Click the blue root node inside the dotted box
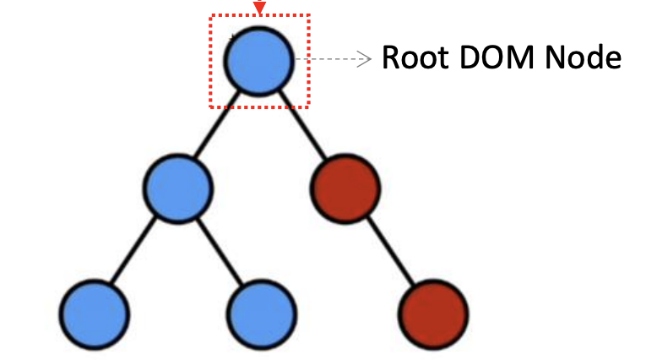click(x=259, y=61)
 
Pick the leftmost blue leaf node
click(x=95, y=313)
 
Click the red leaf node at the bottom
click(x=432, y=313)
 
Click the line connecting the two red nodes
click(x=388, y=250)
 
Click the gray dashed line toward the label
click(x=334, y=59)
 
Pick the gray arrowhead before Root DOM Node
click(x=365, y=59)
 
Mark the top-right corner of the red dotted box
click(x=310, y=14)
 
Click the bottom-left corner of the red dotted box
click(x=211, y=107)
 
